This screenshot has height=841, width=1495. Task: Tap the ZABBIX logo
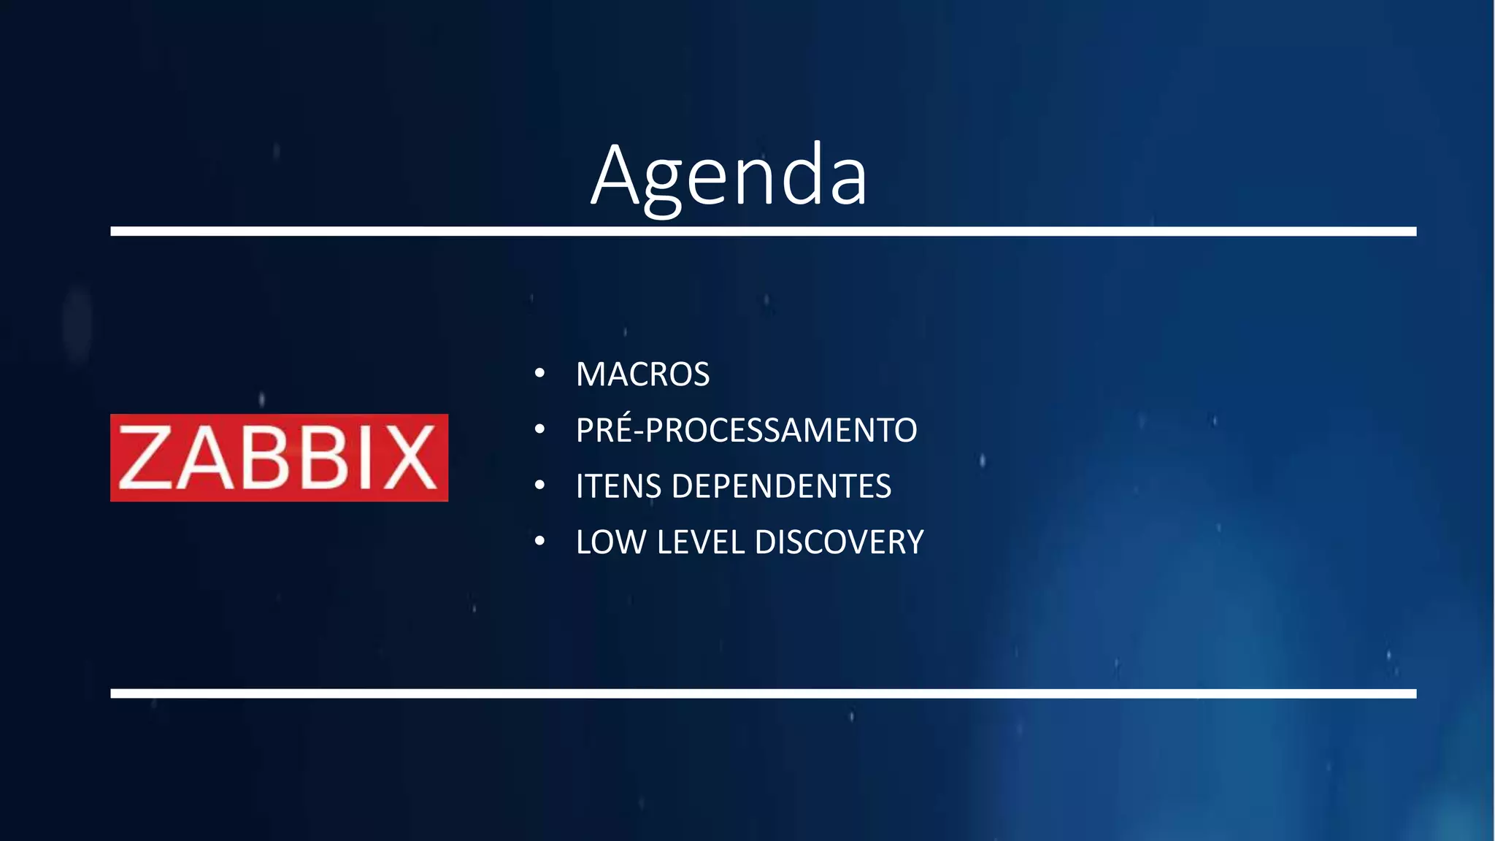point(279,458)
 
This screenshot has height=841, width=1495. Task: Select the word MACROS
point(642,375)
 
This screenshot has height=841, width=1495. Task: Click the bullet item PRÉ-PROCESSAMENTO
point(746,430)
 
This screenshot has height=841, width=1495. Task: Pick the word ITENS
point(618,486)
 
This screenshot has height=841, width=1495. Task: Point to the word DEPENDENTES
point(781,486)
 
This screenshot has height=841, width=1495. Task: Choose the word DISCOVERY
point(839,542)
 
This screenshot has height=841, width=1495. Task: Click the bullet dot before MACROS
point(539,374)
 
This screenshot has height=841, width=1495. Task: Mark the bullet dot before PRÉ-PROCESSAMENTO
point(539,429)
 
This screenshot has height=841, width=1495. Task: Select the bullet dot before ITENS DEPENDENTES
point(539,485)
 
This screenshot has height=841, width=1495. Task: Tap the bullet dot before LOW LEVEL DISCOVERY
point(539,542)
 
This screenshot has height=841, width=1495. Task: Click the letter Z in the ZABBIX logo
point(145,458)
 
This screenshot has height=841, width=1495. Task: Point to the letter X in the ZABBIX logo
point(410,458)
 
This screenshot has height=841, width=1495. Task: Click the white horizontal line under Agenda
point(763,231)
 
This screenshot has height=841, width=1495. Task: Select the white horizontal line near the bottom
point(763,694)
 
